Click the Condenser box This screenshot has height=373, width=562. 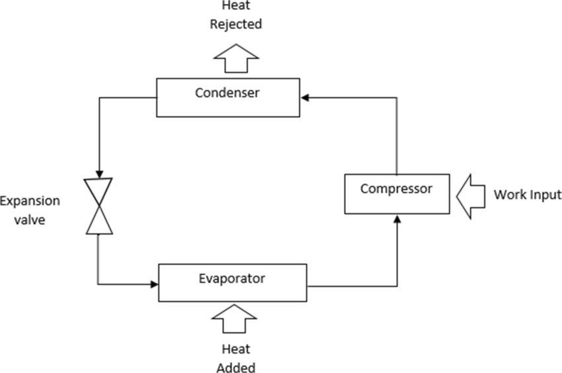(x=228, y=106)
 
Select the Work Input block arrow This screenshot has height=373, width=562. (x=471, y=195)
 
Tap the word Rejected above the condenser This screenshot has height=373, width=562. (x=236, y=25)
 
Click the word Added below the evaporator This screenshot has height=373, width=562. (x=236, y=366)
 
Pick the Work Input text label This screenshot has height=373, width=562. (x=527, y=195)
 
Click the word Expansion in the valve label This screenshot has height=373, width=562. (x=30, y=201)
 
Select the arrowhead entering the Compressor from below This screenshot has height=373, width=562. (x=397, y=218)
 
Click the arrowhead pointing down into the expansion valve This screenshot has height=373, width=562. (x=99, y=173)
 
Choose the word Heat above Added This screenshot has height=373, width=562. (x=236, y=348)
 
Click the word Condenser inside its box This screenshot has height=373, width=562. (x=227, y=93)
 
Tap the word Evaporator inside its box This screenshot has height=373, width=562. (x=231, y=279)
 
